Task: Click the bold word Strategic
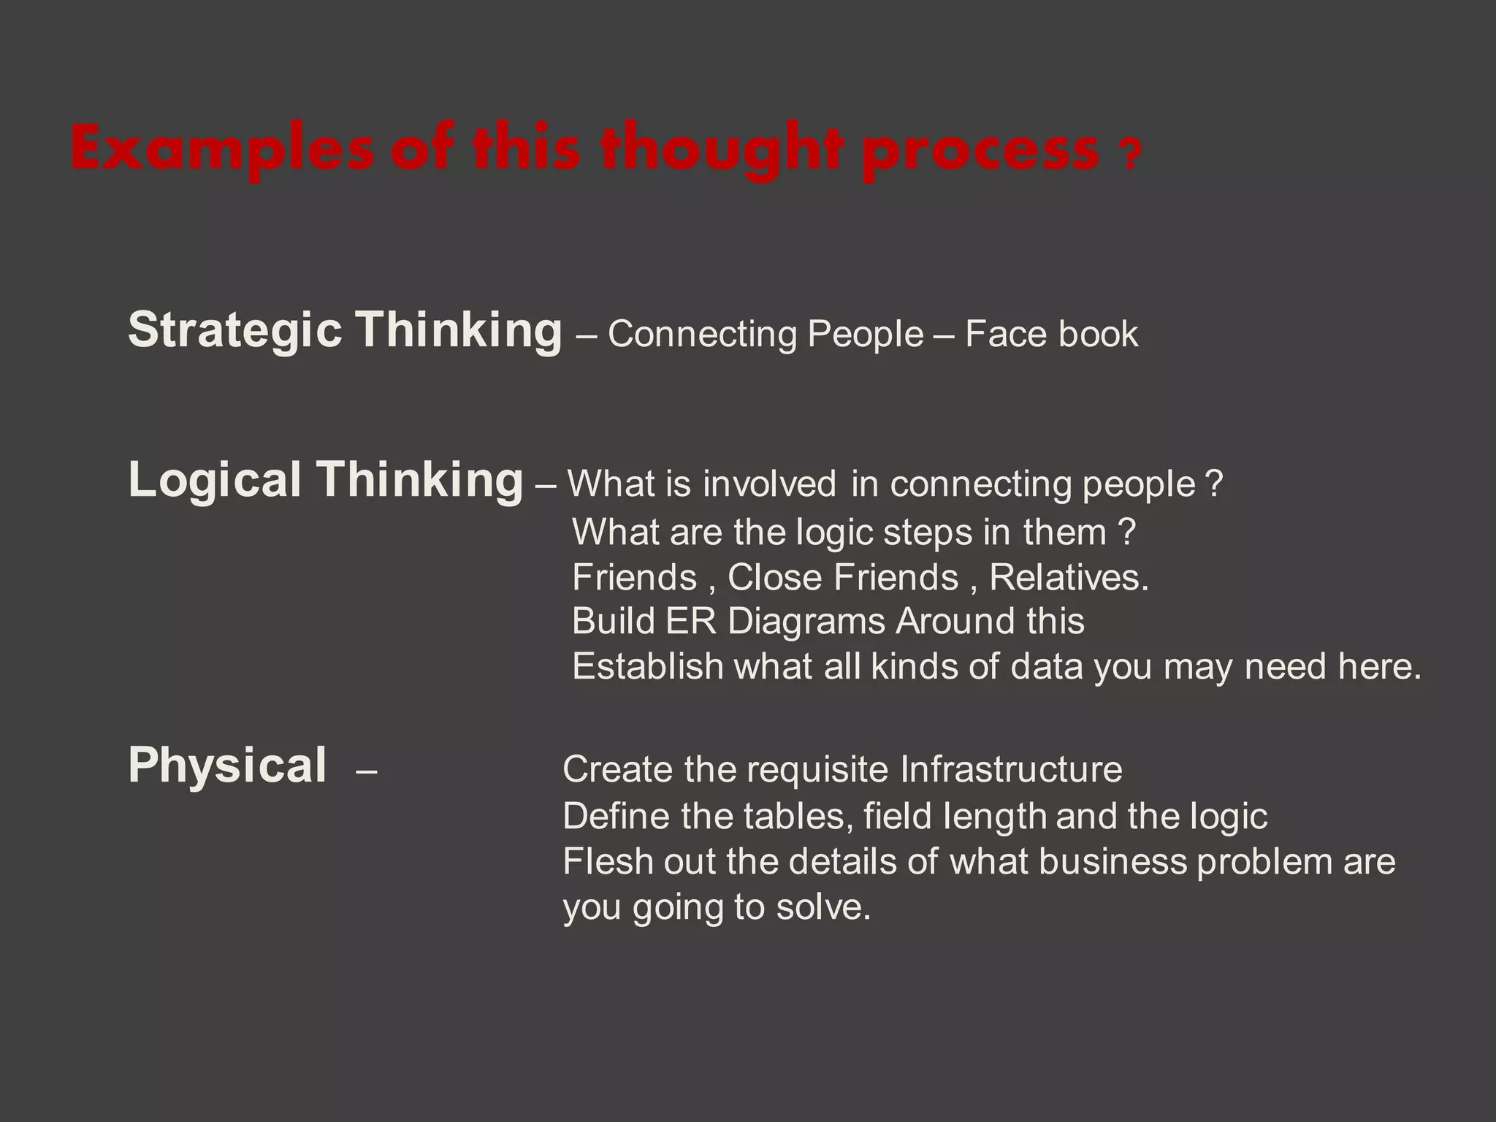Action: [x=234, y=331]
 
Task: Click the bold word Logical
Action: [x=214, y=480]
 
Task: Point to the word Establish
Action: [x=647, y=666]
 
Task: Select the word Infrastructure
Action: [x=1011, y=769]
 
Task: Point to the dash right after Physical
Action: [x=366, y=771]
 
